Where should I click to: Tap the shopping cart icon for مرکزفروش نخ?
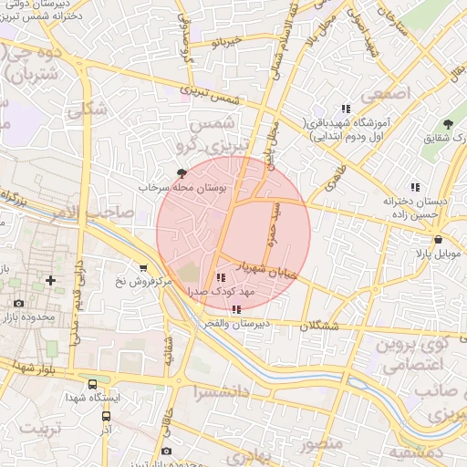point(142,267)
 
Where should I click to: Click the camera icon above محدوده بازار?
point(19,302)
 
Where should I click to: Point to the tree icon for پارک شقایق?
point(447,124)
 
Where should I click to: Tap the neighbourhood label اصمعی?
point(387,94)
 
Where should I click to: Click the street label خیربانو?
point(224,42)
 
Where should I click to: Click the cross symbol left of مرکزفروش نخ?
point(50,279)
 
